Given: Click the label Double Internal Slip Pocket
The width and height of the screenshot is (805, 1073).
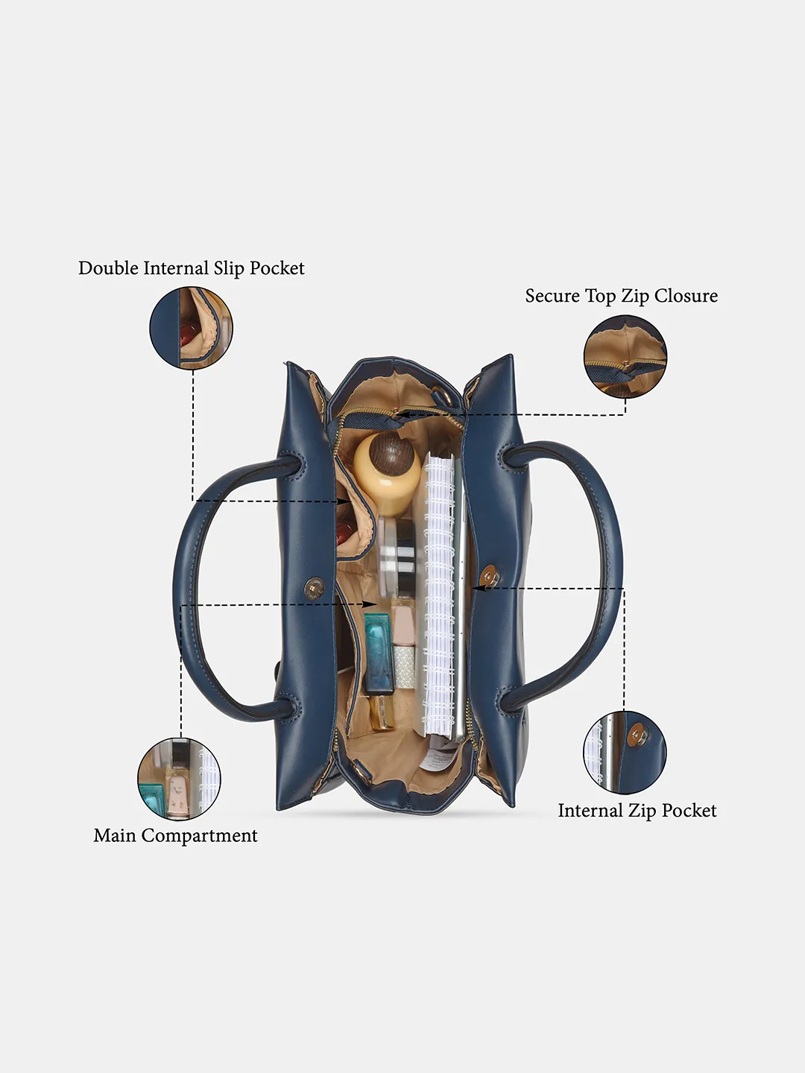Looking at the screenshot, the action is [x=191, y=268].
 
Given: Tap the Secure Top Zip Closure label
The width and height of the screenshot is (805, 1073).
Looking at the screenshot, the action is [x=621, y=297].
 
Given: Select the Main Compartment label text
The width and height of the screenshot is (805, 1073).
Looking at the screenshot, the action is [x=175, y=835].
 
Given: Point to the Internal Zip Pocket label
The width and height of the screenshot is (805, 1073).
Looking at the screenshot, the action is [x=637, y=811].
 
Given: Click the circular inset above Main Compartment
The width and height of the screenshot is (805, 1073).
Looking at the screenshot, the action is [x=179, y=779].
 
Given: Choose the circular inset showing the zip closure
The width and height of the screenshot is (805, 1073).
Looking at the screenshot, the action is [x=625, y=356].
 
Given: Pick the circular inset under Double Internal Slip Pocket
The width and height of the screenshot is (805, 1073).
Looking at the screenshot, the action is [x=191, y=328].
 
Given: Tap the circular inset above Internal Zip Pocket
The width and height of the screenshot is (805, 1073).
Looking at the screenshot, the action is [x=625, y=753].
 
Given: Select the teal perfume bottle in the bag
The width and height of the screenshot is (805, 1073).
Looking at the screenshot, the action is [x=379, y=654].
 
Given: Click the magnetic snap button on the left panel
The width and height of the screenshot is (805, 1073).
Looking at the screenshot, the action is [x=315, y=587].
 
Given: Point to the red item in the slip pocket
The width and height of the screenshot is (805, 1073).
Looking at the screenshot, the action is [x=344, y=530].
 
